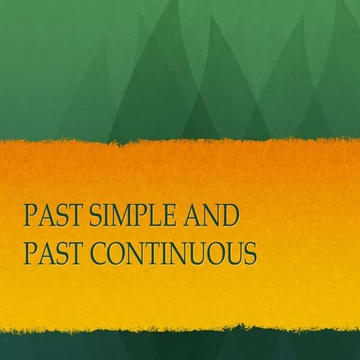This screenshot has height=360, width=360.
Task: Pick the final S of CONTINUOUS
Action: point(250,253)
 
